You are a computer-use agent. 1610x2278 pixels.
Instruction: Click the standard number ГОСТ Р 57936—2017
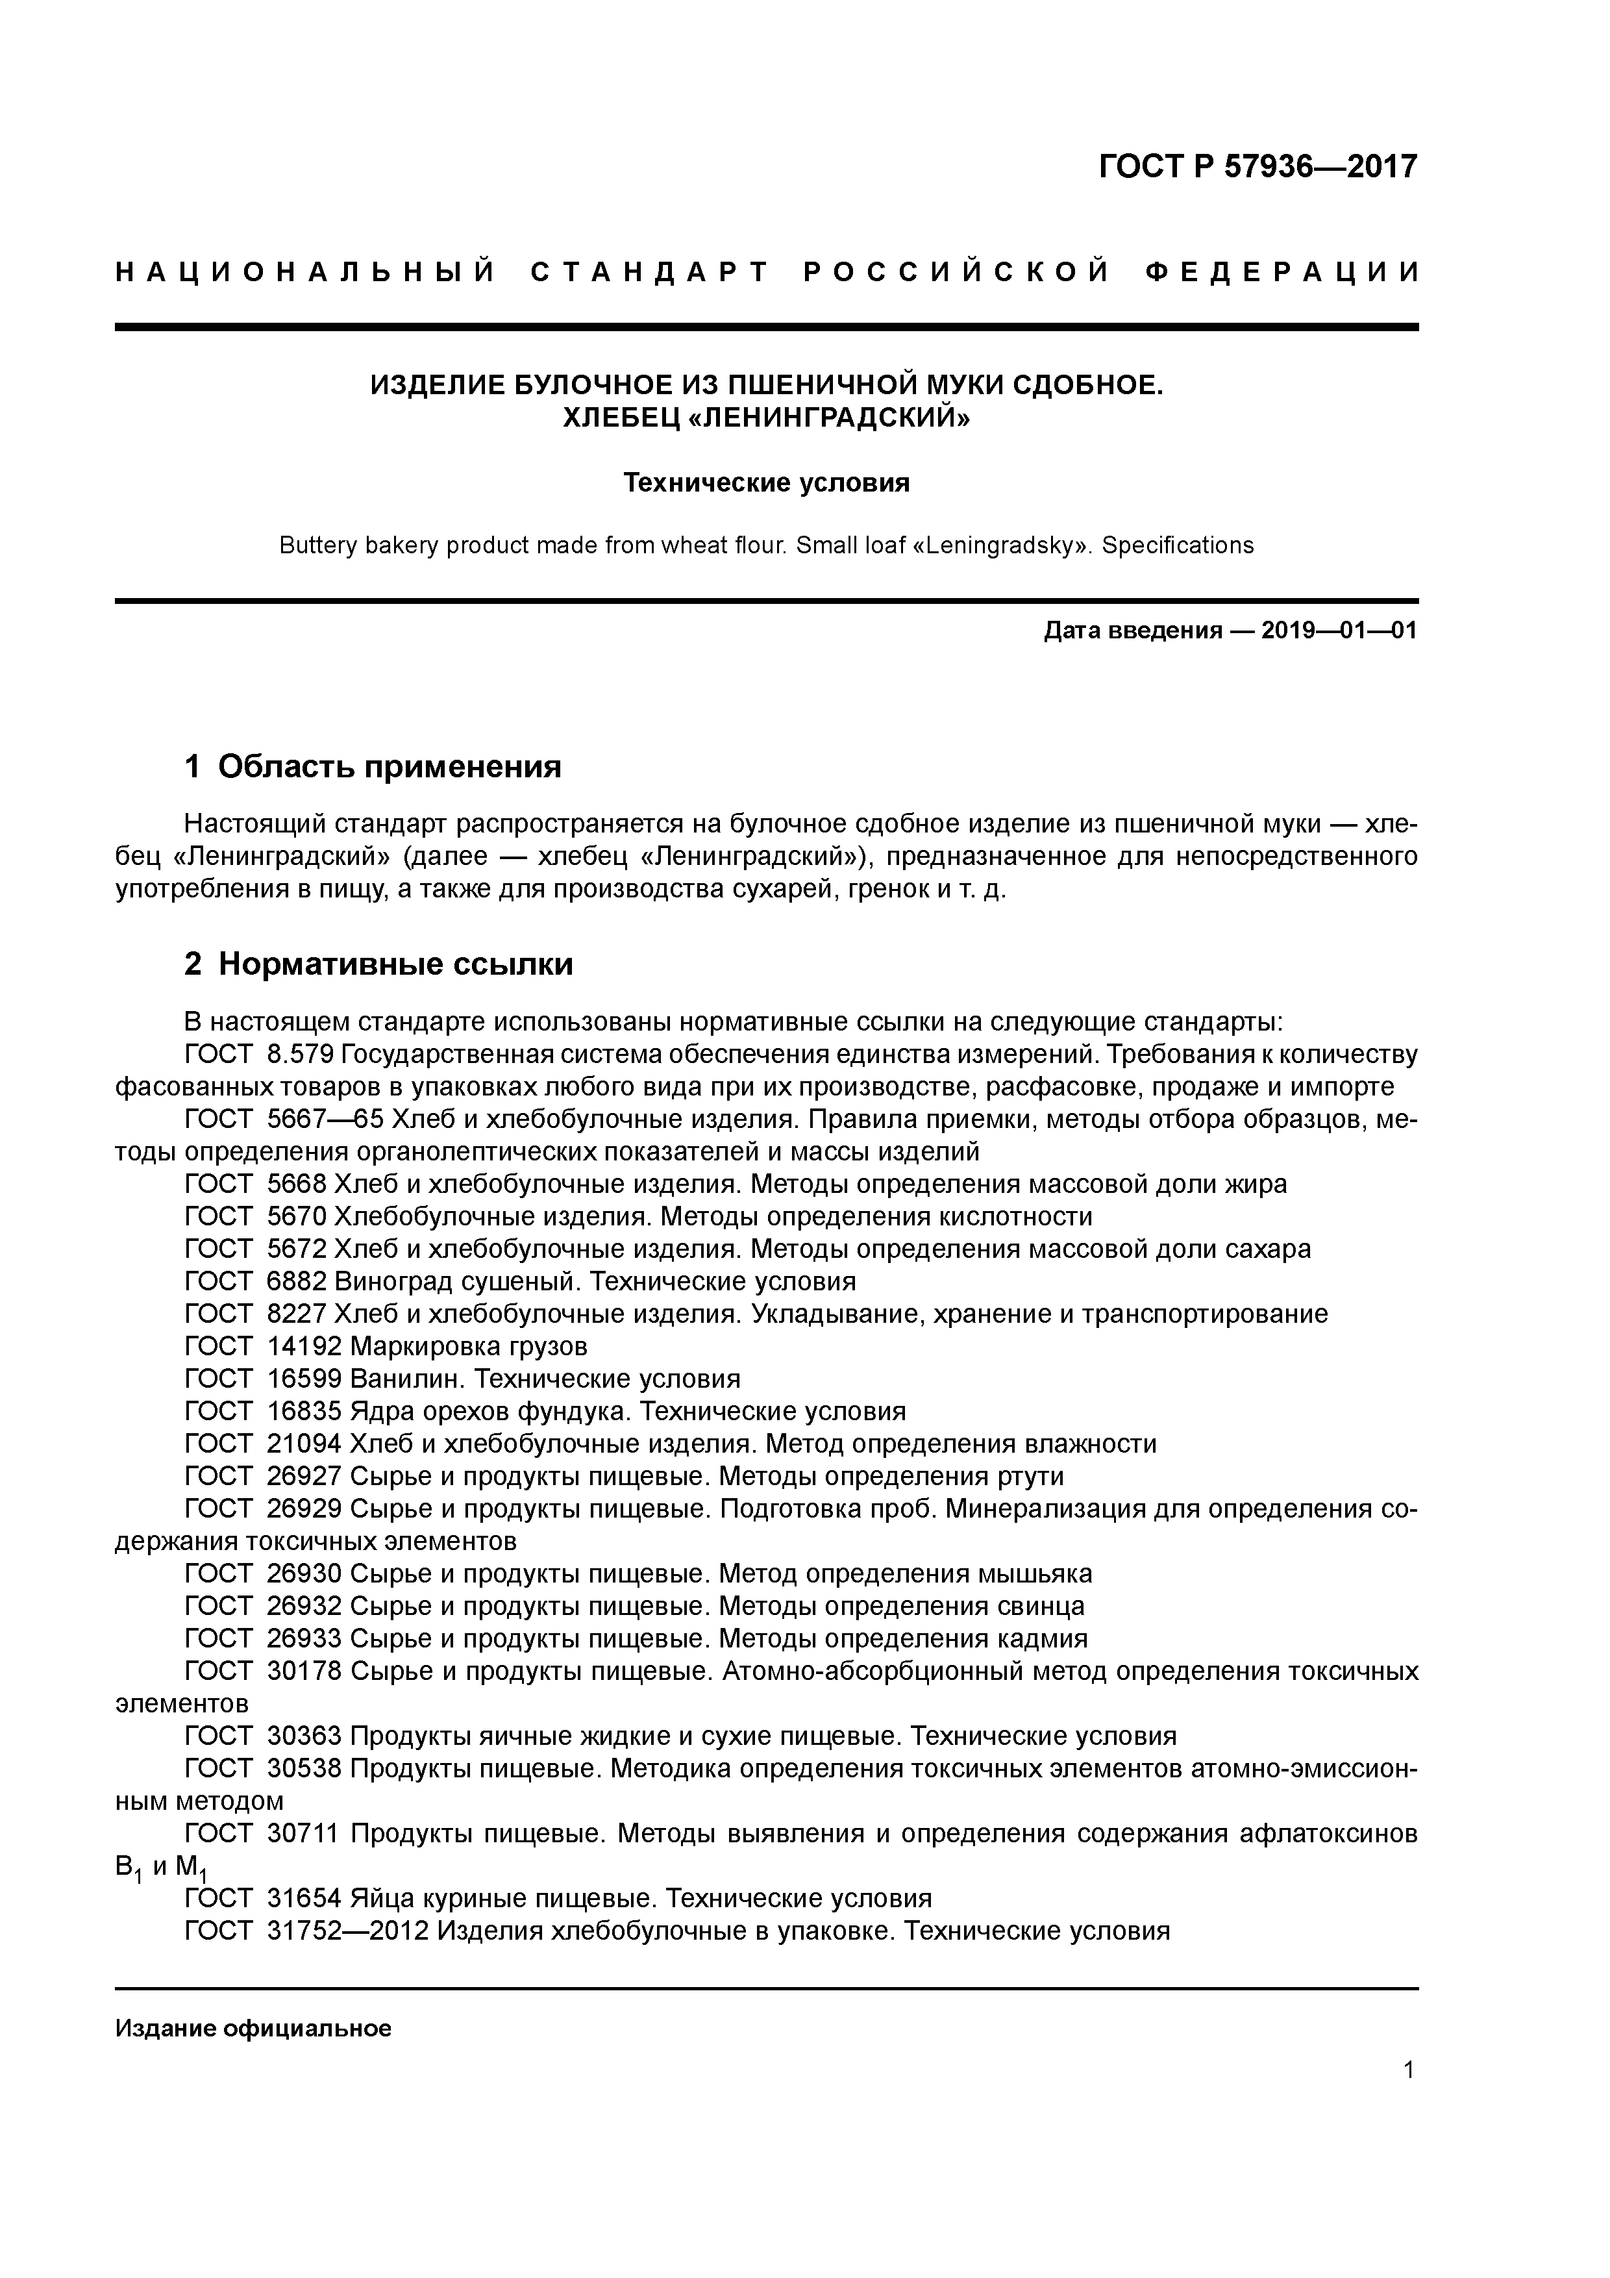(1258, 167)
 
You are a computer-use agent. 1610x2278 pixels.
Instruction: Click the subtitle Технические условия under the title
(766, 483)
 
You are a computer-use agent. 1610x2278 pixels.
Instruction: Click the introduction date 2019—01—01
(1339, 631)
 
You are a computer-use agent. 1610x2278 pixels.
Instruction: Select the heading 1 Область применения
(373, 767)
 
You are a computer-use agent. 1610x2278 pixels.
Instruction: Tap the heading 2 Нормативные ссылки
(379, 964)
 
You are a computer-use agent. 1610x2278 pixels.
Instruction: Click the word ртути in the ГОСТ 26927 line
(1029, 1476)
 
